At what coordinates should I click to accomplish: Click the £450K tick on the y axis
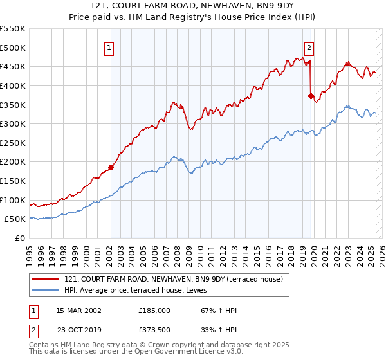click(x=13, y=67)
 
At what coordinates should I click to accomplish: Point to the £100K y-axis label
click(x=13, y=200)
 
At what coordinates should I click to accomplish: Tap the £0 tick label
click(x=20, y=239)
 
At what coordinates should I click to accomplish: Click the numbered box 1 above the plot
click(x=109, y=48)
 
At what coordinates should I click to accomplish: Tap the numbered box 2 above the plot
click(x=309, y=48)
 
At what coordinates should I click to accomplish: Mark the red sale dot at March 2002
click(x=111, y=167)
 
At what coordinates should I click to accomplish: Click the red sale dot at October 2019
click(x=311, y=96)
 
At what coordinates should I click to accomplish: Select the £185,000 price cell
click(x=154, y=310)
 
